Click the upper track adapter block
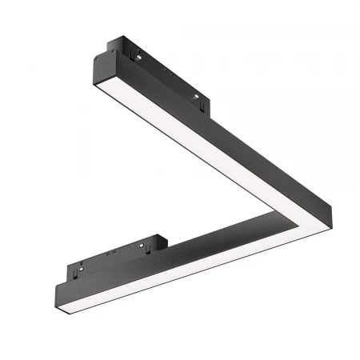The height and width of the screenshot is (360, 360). point(160,76)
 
